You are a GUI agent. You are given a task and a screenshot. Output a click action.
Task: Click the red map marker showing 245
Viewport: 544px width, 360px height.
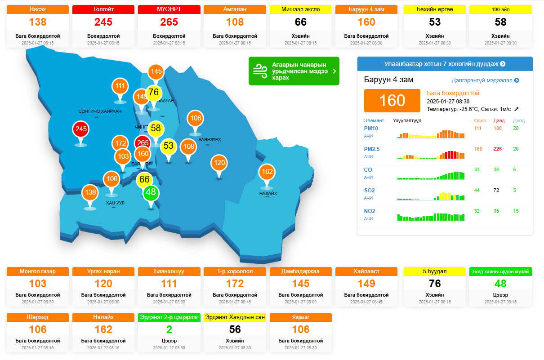(81, 129)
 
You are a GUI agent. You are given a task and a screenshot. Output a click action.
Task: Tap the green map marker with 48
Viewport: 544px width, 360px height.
(151, 192)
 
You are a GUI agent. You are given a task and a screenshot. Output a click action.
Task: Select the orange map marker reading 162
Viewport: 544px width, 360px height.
(267, 172)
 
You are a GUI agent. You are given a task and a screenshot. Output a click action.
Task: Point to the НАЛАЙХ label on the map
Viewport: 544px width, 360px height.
(268, 194)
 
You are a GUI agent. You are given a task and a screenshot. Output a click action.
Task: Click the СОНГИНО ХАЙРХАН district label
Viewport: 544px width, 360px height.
(100, 111)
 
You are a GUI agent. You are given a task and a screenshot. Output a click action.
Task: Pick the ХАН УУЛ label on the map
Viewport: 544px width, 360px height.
(115, 203)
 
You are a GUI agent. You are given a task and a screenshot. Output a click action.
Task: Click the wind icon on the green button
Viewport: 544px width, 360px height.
(259, 71)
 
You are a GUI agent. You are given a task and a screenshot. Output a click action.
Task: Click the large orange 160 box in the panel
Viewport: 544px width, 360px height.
(392, 100)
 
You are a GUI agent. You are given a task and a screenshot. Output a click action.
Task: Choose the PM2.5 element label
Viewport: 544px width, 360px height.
(371, 149)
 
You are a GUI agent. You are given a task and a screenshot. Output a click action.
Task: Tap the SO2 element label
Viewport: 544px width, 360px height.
(369, 191)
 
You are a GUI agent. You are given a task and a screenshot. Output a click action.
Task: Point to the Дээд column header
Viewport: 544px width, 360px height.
(499, 120)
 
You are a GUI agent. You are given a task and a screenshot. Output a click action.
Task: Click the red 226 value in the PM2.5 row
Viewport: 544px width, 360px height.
(497, 149)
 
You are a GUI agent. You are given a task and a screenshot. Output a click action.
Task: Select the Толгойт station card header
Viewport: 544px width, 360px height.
(103, 9)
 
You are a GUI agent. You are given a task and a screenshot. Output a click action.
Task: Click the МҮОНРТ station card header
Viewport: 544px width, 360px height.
(169, 9)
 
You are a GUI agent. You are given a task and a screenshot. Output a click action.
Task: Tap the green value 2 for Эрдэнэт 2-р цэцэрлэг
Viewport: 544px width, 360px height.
(169, 329)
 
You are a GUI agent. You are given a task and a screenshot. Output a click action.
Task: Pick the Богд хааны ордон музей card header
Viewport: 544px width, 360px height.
(500, 271)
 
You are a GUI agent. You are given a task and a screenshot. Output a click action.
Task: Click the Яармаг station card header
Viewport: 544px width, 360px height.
(301, 317)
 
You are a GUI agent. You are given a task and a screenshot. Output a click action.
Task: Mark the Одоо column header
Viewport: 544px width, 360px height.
(480, 120)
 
